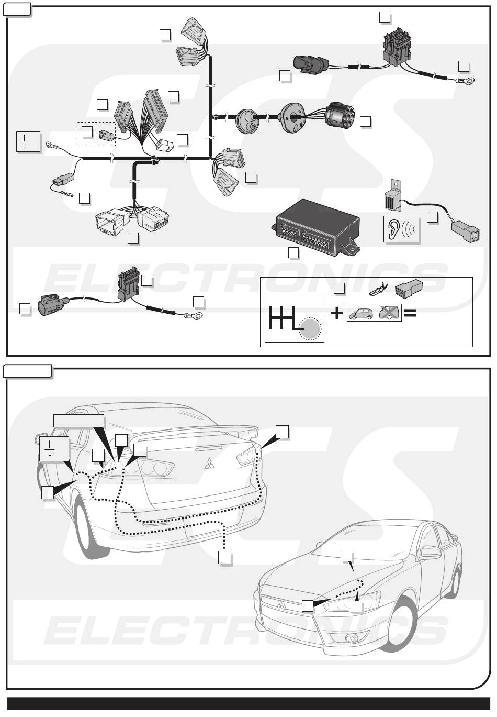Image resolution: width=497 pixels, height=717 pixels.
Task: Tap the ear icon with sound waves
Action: pyautogui.click(x=401, y=229)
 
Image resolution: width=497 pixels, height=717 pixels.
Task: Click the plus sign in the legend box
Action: pyautogui.click(x=336, y=313)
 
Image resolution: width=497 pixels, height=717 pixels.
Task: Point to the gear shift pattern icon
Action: pyautogui.click(x=294, y=318)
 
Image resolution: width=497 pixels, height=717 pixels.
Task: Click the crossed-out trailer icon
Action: pyautogui.click(x=389, y=313)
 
